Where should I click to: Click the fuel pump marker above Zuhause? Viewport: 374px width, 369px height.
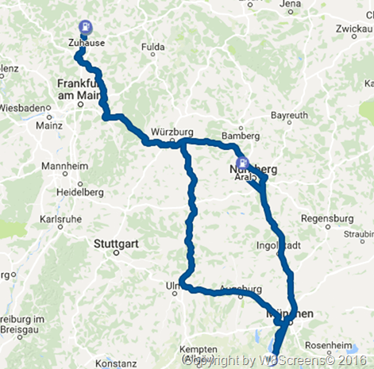tap(85, 26)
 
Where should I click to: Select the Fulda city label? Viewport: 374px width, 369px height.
tap(152, 47)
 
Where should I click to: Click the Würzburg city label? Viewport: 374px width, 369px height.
tap(172, 132)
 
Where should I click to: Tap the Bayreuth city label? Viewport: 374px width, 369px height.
tap(288, 116)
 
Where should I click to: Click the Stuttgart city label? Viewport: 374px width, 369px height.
tap(116, 244)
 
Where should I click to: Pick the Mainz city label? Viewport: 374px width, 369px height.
tap(49, 125)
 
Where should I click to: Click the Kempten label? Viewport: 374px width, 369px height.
tap(198, 349)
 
